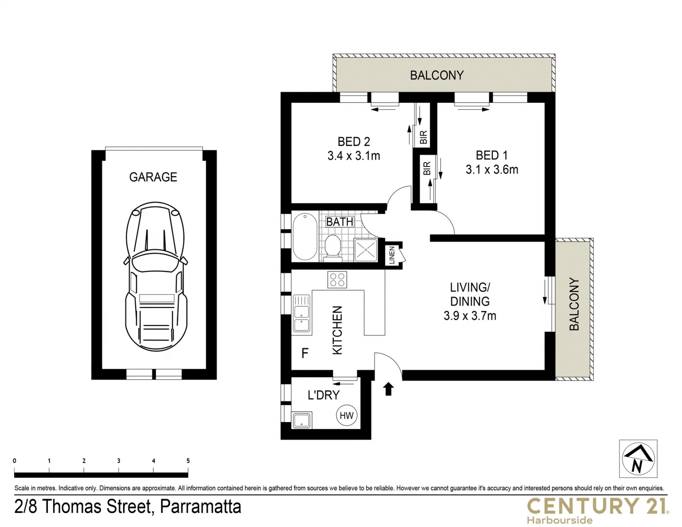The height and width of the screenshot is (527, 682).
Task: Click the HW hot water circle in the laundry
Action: click(x=346, y=416)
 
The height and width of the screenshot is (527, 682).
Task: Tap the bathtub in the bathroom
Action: click(x=304, y=237)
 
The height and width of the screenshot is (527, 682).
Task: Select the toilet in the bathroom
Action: click(x=334, y=246)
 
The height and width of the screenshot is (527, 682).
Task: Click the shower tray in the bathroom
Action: click(x=366, y=250)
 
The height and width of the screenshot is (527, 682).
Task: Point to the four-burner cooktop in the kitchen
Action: click(x=337, y=280)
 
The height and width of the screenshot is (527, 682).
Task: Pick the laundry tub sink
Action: click(x=302, y=420)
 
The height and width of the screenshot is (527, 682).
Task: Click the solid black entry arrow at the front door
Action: click(x=388, y=389)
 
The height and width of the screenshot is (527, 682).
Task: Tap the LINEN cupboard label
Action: click(x=392, y=255)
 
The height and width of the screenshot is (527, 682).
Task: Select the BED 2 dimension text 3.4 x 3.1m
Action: click(x=354, y=156)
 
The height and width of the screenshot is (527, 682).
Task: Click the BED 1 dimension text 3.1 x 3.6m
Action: click(x=492, y=170)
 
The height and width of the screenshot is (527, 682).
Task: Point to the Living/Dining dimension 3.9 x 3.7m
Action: click(x=470, y=316)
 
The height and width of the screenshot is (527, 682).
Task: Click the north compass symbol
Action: click(x=638, y=459)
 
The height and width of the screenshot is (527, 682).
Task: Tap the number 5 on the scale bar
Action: click(x=188, y=461)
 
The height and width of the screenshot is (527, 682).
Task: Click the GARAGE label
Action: click(x=153, y=177)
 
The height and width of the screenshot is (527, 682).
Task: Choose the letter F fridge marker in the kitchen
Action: click(x=305, y=353)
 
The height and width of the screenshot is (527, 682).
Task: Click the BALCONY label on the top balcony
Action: click(x=437, y=75)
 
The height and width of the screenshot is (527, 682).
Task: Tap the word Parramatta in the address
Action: click(x=201, y=507)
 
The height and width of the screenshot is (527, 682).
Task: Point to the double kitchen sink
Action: click(x=301, y=314)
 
